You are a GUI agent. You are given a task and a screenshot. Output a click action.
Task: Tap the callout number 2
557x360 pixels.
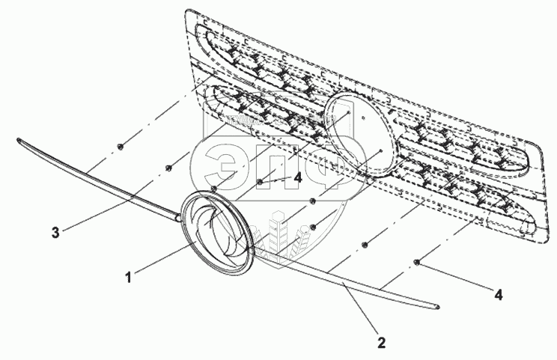(381, 344)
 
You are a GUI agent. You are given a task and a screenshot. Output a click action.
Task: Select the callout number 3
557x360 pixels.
(55, 233)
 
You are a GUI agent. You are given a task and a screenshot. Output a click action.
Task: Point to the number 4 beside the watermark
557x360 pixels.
(297, 178)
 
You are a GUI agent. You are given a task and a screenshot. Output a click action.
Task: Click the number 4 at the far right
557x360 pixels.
(497, 295)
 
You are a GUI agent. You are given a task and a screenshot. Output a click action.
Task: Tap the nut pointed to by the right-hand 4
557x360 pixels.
(417, 261)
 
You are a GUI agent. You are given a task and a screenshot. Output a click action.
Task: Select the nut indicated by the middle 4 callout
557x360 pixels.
(259, 181)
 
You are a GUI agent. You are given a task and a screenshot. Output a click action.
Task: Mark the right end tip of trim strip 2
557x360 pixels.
(437, 305)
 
